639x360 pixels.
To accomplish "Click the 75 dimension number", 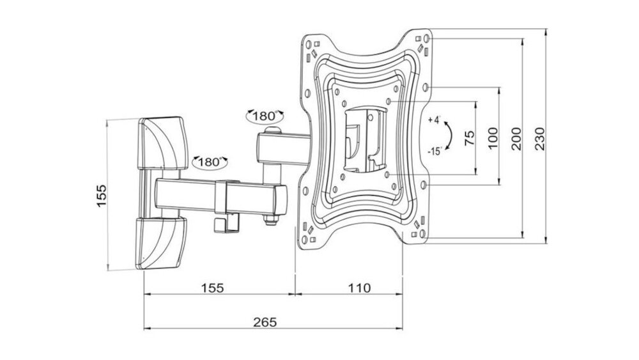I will [x=468, y=138].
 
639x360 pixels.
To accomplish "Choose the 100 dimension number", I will [x=492, y=138].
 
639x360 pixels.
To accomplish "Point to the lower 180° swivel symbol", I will [x=209, y=161].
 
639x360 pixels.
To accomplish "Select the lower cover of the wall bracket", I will [x=161, y=243].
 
